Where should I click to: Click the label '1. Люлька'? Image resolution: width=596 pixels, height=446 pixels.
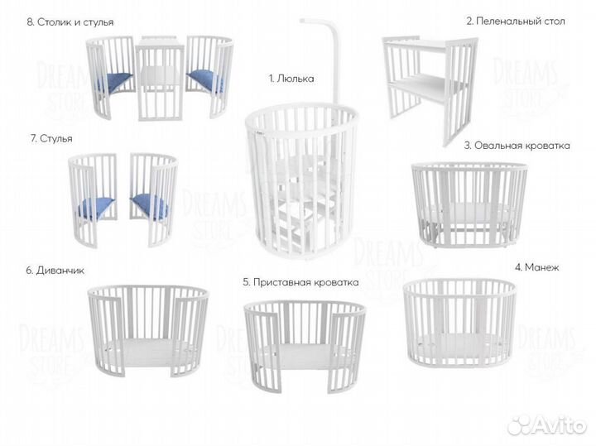point(291,79)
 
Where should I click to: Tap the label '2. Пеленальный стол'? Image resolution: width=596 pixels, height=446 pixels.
point(516,22)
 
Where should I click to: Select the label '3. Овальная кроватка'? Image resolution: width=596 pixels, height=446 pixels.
point(517,146)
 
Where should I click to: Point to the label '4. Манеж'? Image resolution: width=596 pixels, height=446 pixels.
point(536,267)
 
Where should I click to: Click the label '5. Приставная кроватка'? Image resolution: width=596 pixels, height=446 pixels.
point(300,283)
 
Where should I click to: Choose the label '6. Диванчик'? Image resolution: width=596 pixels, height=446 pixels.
point(55,271)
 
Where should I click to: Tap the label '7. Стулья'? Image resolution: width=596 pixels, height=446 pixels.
point(51,139)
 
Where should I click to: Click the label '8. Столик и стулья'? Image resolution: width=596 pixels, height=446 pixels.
point(70,22)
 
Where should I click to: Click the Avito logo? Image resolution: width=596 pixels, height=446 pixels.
point(547,424)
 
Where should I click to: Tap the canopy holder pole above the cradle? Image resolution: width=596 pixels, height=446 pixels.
point(335,57)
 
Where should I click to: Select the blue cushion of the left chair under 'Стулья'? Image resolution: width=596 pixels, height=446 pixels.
point(96,209)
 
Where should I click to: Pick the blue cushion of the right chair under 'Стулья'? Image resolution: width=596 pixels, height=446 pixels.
point(150,206)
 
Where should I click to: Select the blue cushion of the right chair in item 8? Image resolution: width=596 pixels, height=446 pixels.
point(204,81)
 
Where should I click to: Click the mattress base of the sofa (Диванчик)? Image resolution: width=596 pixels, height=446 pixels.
point(148,352)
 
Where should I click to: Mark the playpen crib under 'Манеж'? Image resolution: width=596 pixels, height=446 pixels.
point(460,323)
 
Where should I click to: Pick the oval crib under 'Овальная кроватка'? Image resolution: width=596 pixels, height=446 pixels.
point(469,205)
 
